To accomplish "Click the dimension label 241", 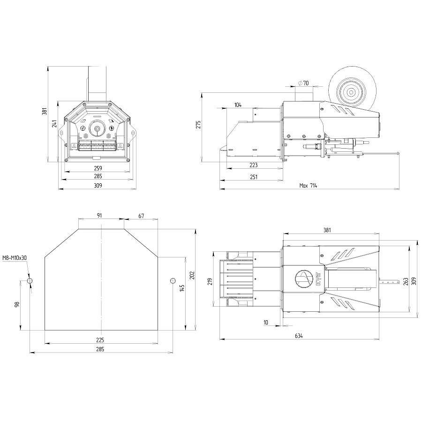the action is tap(55, 123).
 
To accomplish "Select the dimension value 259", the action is tap(98, 168).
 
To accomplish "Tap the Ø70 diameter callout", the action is tap(303, 83).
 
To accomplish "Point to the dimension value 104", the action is tap(238, 105).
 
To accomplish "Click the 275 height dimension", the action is tap(199, 125).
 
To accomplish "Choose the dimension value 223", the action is tap(254, 165).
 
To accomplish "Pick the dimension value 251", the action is tap(254, 177).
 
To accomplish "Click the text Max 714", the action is tap(308, 185).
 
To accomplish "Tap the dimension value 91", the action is tap(99, 215).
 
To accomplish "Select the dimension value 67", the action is tap(141, 216).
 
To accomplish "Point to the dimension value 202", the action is tap(192, 275).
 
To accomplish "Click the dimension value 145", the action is tap(182, 288).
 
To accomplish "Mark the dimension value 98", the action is tap(17, 304).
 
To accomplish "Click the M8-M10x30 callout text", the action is tap(15, 258).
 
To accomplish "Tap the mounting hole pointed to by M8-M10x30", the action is tap(30, 281).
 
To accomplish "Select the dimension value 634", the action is tap(299, 336).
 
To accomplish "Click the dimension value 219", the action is tap(210, 281).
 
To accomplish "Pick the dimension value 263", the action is tap(406, 281).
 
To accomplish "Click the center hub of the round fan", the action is tap(351, 92).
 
